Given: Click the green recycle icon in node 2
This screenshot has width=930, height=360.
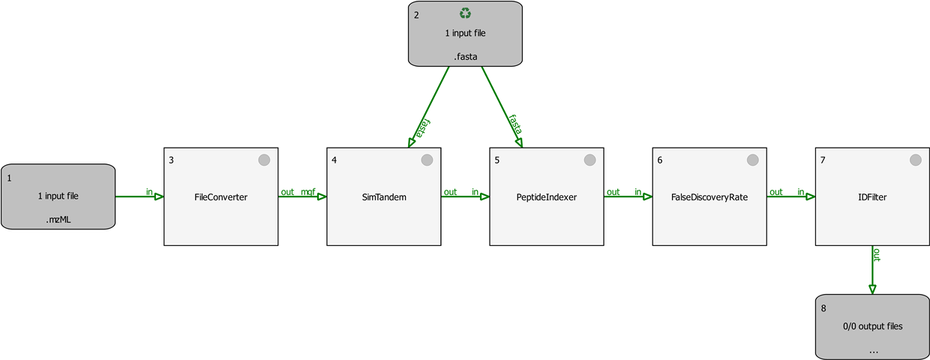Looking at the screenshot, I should (466, 13).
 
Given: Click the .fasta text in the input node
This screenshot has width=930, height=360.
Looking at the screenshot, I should (466, 56).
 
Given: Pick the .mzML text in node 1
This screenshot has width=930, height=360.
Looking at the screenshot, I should (58, 220).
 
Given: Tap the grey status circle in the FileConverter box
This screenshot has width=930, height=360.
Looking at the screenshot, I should (264, 160).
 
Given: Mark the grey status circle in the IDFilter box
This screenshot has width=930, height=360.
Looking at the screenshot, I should (915, 160).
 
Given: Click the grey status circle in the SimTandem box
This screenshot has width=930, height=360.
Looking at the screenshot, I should (427, 160).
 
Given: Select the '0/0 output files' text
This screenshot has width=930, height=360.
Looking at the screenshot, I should (872, 326).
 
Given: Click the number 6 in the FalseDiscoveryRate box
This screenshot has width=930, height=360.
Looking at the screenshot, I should (660, 160).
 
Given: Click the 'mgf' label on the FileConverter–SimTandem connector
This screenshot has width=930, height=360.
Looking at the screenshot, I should (307, 192).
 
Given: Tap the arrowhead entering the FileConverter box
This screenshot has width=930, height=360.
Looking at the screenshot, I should (159, 196).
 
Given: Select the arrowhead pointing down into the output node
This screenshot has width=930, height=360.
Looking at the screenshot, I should (872, 289).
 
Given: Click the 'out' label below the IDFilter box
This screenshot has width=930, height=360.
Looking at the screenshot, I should (876, 255).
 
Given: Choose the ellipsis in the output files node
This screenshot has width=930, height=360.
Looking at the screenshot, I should (872, 350).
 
